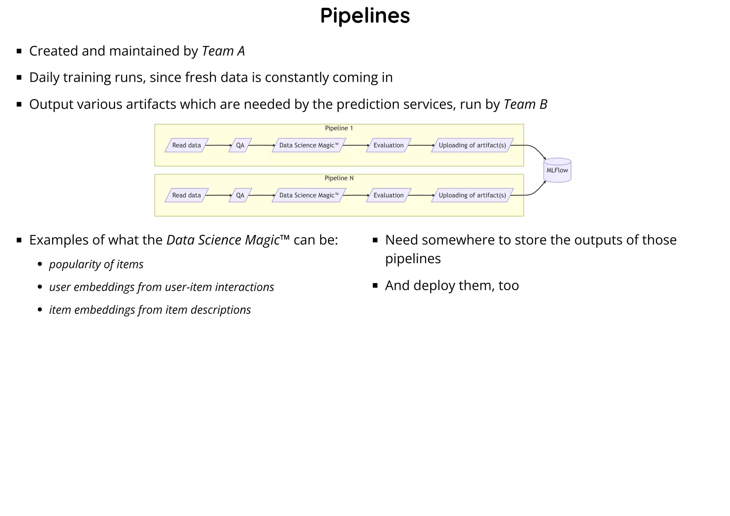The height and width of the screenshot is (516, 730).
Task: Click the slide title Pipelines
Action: (x=365, y=16)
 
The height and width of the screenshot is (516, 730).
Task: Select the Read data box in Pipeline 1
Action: (x=186, y=145)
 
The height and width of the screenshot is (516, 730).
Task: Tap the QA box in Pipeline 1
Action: (x=240, y=145)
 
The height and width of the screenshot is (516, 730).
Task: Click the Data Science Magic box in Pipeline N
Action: (x=309, y=195)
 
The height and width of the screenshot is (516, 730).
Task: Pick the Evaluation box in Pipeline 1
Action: (x=389, y=145)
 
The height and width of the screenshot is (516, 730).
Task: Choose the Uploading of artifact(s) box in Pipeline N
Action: (x=472, y=195)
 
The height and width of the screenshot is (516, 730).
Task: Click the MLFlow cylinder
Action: (x=557, y=170)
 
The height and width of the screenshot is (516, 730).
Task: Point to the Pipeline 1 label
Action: (x=339, y=128)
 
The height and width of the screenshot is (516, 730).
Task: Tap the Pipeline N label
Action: (x=339, y=178)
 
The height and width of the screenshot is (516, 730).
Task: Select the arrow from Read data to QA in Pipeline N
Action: (x=218, y=195)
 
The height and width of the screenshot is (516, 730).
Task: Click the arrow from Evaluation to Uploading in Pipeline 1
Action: (x=421, y=145)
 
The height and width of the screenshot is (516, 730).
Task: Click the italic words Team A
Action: (x=223, y=51)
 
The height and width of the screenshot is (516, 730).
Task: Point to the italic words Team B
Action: (x=525, y=104)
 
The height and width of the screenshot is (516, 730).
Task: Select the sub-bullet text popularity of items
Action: (x=96, y=264)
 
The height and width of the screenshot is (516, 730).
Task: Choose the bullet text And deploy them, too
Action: (x=452, y=285)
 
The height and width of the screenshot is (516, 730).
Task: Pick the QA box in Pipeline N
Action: (x=240, y=195)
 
